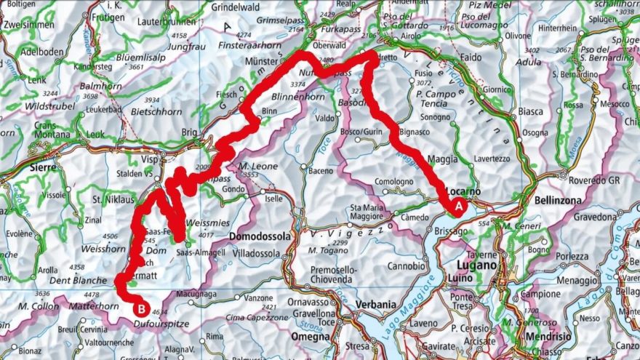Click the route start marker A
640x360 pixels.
(x=458, y=207)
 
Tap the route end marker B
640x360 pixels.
(x=138, y=308)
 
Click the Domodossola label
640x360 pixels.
(x=260, y=236)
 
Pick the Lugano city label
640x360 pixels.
(x=478, y=265)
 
